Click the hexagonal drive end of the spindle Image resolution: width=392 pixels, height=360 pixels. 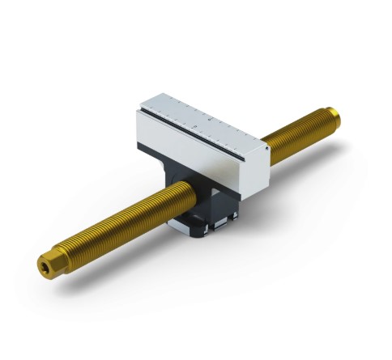pos(46,265)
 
